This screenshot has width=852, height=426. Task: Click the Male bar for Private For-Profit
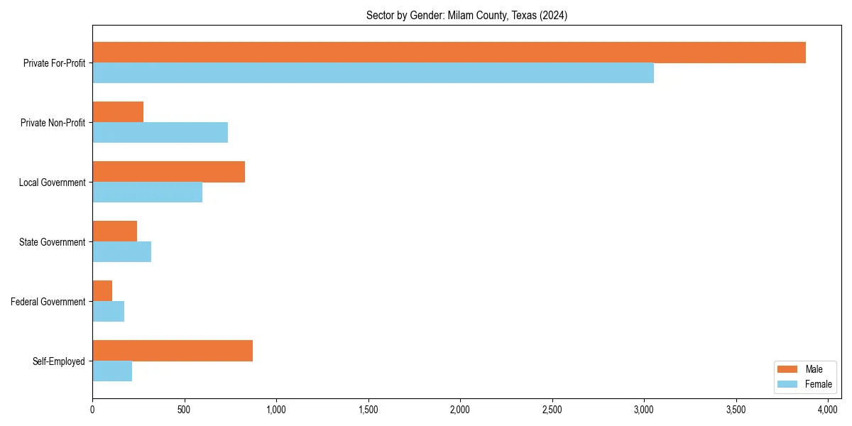pos(449,53)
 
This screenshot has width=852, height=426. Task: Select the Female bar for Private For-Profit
pos(373,73)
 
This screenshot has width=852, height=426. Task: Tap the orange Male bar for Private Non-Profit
pos(118,112)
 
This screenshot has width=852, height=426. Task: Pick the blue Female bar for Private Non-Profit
pos(160,133)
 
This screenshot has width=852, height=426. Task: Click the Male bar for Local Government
pos(168,172)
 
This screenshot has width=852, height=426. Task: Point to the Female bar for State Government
pos(121,252)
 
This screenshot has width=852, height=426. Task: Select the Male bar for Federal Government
pos(102,290)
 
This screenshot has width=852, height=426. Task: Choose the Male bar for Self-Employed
pos(173,351)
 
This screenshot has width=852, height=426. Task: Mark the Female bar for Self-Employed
pos(112,371)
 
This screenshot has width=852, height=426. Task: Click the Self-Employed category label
pos(58,361)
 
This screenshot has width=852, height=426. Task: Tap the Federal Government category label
pos(48,302)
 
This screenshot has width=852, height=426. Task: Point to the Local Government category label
pos(52,182)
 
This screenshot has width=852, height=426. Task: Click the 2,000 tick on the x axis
pos(460,410)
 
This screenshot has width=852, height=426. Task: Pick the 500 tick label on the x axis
pos(184,410)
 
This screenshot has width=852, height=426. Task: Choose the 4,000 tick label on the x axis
pos(828,410)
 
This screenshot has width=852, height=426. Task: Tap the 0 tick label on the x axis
pos(92,410)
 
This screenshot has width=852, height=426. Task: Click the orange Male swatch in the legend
pos(787,369)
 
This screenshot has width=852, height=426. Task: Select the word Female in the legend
pos(818,384)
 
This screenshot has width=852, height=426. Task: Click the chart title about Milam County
pos(466,15)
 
